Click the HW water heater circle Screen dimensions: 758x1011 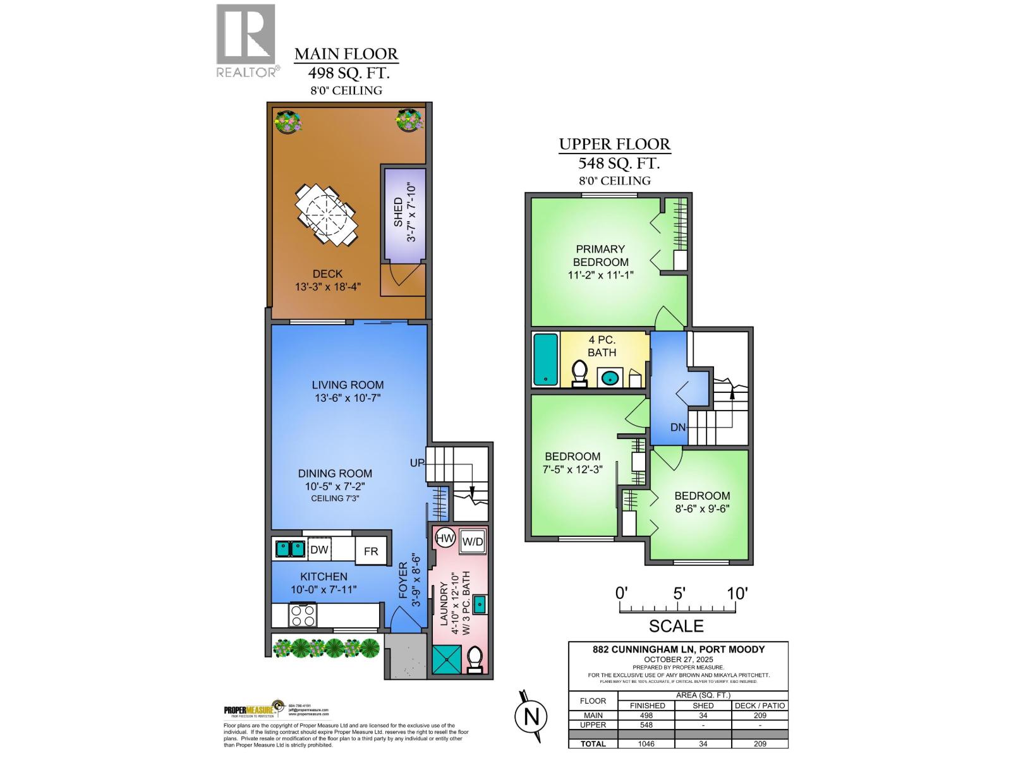[445, 539]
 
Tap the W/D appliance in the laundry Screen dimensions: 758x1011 [473, 541]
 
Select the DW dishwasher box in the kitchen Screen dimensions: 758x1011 [319, 550]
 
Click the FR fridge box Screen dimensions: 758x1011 [371, 551]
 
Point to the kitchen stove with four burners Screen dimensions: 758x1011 [302, 615]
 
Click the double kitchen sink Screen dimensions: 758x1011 [289, 548]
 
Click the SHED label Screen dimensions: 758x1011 [399, 212]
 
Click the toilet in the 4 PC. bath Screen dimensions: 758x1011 [579, 373]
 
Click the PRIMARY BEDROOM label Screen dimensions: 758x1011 [600, 255]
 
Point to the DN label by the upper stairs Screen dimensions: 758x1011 [678, 428]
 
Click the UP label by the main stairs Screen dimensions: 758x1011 [417, 463]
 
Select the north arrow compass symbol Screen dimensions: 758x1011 [531, 717]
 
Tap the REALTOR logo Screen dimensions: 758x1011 [246, 41]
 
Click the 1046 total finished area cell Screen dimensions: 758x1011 [646, 743]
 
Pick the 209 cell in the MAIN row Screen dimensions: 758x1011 [760, 716]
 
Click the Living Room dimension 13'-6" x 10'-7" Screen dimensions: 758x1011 [348, 398]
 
